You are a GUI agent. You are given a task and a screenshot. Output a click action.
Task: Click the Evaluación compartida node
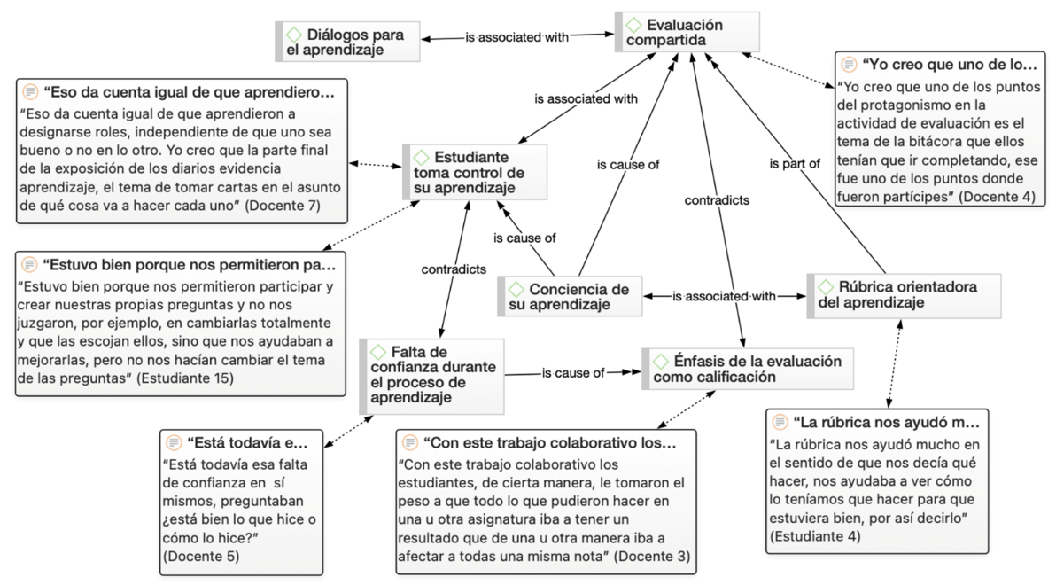coord(687,32)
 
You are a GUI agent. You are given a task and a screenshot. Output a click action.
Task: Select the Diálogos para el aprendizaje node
coord(347,42)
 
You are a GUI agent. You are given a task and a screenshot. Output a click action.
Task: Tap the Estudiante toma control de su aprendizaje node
coord(475,172)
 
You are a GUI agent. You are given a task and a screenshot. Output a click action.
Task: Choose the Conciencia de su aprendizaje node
coord(570,297)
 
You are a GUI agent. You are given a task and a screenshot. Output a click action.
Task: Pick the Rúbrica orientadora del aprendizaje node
coord(904,295)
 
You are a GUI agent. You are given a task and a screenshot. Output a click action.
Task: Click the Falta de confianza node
coord(431,376)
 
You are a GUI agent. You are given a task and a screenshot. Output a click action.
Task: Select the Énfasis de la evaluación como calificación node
coord(748,369)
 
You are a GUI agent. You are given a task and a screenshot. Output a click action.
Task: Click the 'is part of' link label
coord(795,164)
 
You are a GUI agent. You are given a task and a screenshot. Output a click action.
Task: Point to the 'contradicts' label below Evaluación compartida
coord(717,200)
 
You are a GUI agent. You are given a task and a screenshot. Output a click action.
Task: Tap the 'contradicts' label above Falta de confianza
coord(454,269)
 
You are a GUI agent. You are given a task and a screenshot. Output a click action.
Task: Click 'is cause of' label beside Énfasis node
coord(573,372)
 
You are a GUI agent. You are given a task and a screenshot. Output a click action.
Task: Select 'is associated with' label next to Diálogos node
coord(517,38)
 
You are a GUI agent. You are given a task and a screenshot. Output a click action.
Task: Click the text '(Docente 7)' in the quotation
coord(283,205)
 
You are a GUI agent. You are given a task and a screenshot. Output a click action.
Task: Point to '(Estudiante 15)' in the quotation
coord(185,378)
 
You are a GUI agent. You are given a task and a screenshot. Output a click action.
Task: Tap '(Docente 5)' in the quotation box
coord(201,556)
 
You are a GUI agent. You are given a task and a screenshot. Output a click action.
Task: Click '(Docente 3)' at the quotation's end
coord(653,556)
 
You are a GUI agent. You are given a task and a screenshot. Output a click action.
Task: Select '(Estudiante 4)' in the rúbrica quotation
coord(816,536)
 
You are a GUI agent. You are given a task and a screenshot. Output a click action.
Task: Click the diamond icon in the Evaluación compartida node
coord(633,26)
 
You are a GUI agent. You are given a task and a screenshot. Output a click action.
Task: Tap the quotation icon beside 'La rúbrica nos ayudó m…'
coord(780,423)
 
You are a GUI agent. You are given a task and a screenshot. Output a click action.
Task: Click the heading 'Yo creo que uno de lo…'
coord(950,65)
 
